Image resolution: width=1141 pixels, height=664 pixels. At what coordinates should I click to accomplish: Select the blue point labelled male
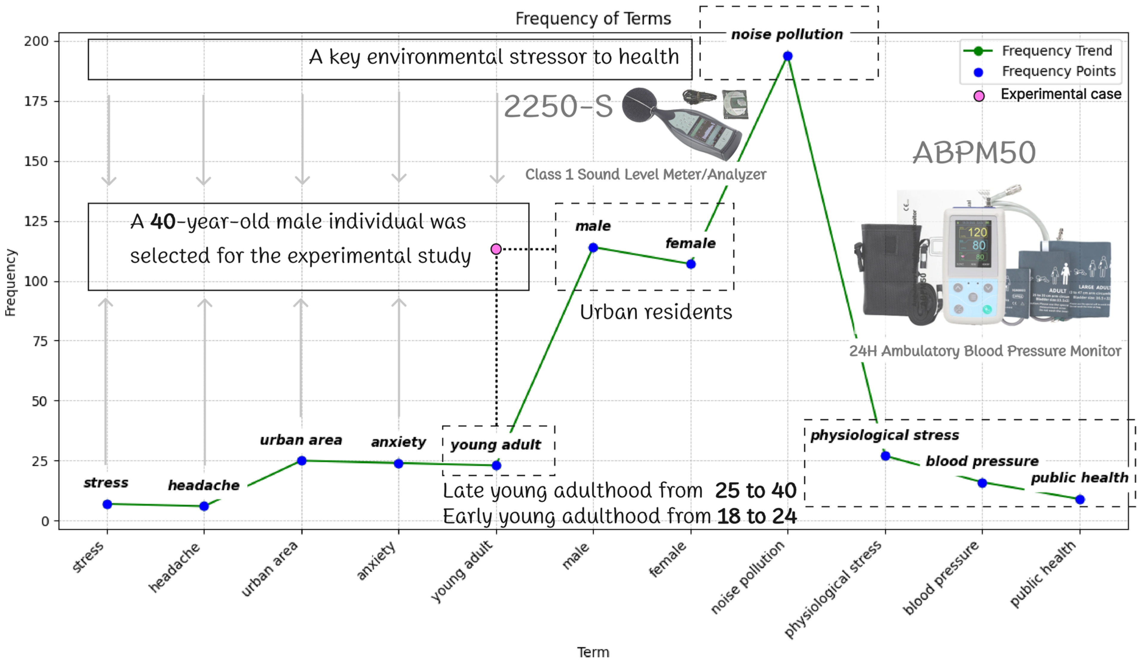593,247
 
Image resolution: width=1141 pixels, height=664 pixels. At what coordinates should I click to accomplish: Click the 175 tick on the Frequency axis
36,101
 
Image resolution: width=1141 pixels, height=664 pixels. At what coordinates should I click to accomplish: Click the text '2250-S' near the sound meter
558,107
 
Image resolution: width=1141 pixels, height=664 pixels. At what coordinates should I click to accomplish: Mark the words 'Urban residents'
656,312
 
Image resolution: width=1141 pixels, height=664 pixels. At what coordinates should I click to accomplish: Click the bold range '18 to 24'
757,516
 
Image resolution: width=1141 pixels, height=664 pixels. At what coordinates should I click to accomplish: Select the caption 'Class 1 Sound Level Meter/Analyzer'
645,175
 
